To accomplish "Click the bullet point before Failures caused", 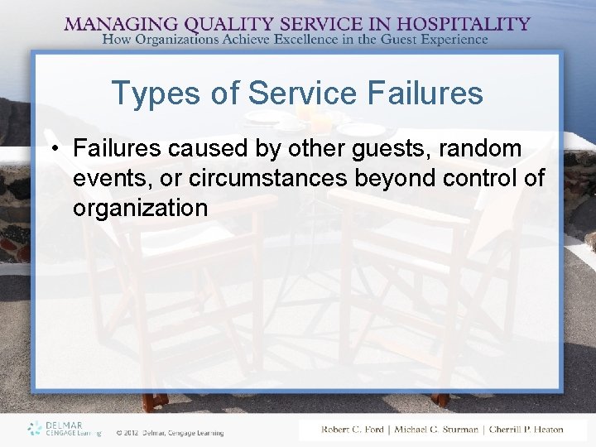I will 54,149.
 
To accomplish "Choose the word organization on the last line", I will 140,208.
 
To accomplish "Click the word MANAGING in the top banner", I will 116,24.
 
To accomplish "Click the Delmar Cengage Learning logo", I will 63,428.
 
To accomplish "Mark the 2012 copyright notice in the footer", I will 170,431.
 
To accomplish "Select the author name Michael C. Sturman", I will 436,430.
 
